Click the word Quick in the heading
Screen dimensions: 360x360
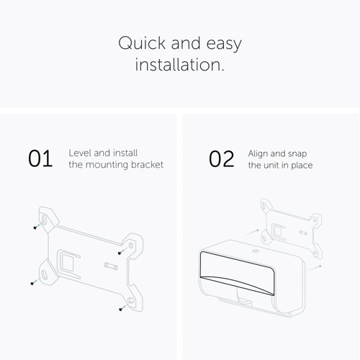142,43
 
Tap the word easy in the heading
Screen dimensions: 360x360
224,45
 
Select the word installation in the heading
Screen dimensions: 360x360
179,64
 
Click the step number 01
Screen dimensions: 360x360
40,158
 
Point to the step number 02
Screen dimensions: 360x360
221,159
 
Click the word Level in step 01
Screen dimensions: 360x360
80,153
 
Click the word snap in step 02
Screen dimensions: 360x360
297,154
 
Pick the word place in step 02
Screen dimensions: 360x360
302,166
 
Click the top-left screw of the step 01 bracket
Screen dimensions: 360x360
35,227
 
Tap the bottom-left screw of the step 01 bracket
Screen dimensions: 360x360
32,284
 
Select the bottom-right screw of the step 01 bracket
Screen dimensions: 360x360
121,309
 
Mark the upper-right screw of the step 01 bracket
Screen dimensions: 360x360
120,253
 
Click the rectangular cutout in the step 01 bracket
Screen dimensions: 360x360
66,263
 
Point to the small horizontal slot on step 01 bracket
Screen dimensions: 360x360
111,266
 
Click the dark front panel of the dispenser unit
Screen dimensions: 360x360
237,271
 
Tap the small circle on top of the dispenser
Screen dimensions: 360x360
255,251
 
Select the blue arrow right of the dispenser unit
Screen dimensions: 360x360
314,268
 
